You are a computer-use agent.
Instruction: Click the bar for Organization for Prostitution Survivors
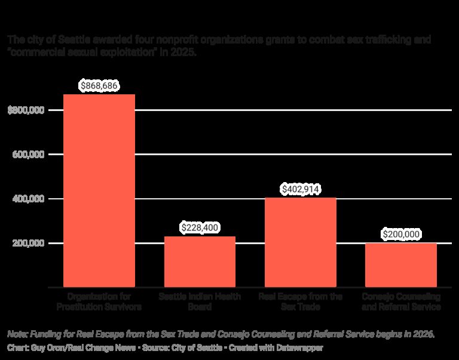[99, 191]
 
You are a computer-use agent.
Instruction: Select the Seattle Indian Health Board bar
[200, 262]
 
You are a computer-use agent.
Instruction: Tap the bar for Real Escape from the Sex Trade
[300, 242]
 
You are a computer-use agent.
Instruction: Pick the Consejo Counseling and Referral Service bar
[400, 265]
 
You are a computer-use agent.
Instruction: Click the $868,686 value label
[99, 86]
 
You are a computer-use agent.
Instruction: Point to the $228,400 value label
[200, 228]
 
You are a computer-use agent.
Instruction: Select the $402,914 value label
[300, 189]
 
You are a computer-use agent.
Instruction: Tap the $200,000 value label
[400, 235]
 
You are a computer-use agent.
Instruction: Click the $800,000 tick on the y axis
[27, 110]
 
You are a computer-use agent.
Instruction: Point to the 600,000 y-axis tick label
[29, 155]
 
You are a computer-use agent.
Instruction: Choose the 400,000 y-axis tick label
[29, 199]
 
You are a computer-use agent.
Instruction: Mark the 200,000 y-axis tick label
[29, 243]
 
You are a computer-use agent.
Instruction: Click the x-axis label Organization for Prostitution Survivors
[99, 301]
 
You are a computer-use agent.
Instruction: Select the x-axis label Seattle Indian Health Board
[200, 301]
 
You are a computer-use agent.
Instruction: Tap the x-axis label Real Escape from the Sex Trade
[300, 301]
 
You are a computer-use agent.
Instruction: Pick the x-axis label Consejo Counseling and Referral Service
[400, 301]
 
